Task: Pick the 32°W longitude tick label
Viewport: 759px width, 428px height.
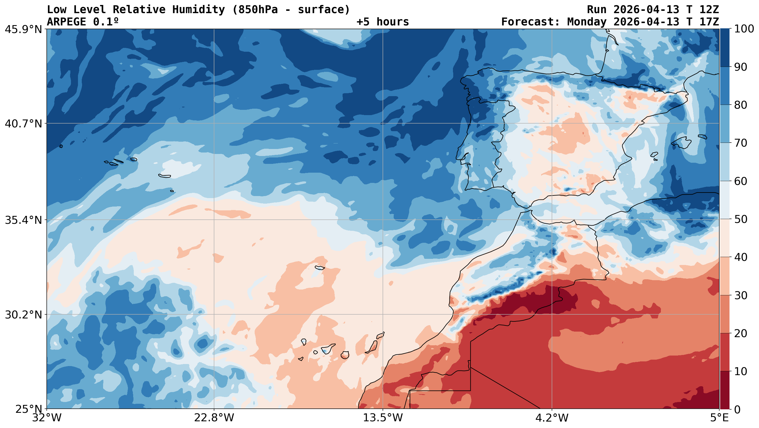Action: point(47,418)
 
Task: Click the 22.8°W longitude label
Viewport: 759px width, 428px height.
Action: point(214,418)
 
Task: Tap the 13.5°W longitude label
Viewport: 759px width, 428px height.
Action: point(383,418)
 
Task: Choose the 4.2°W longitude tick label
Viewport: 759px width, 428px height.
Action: point(552,418)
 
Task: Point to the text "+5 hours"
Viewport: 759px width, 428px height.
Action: point(383,22)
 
